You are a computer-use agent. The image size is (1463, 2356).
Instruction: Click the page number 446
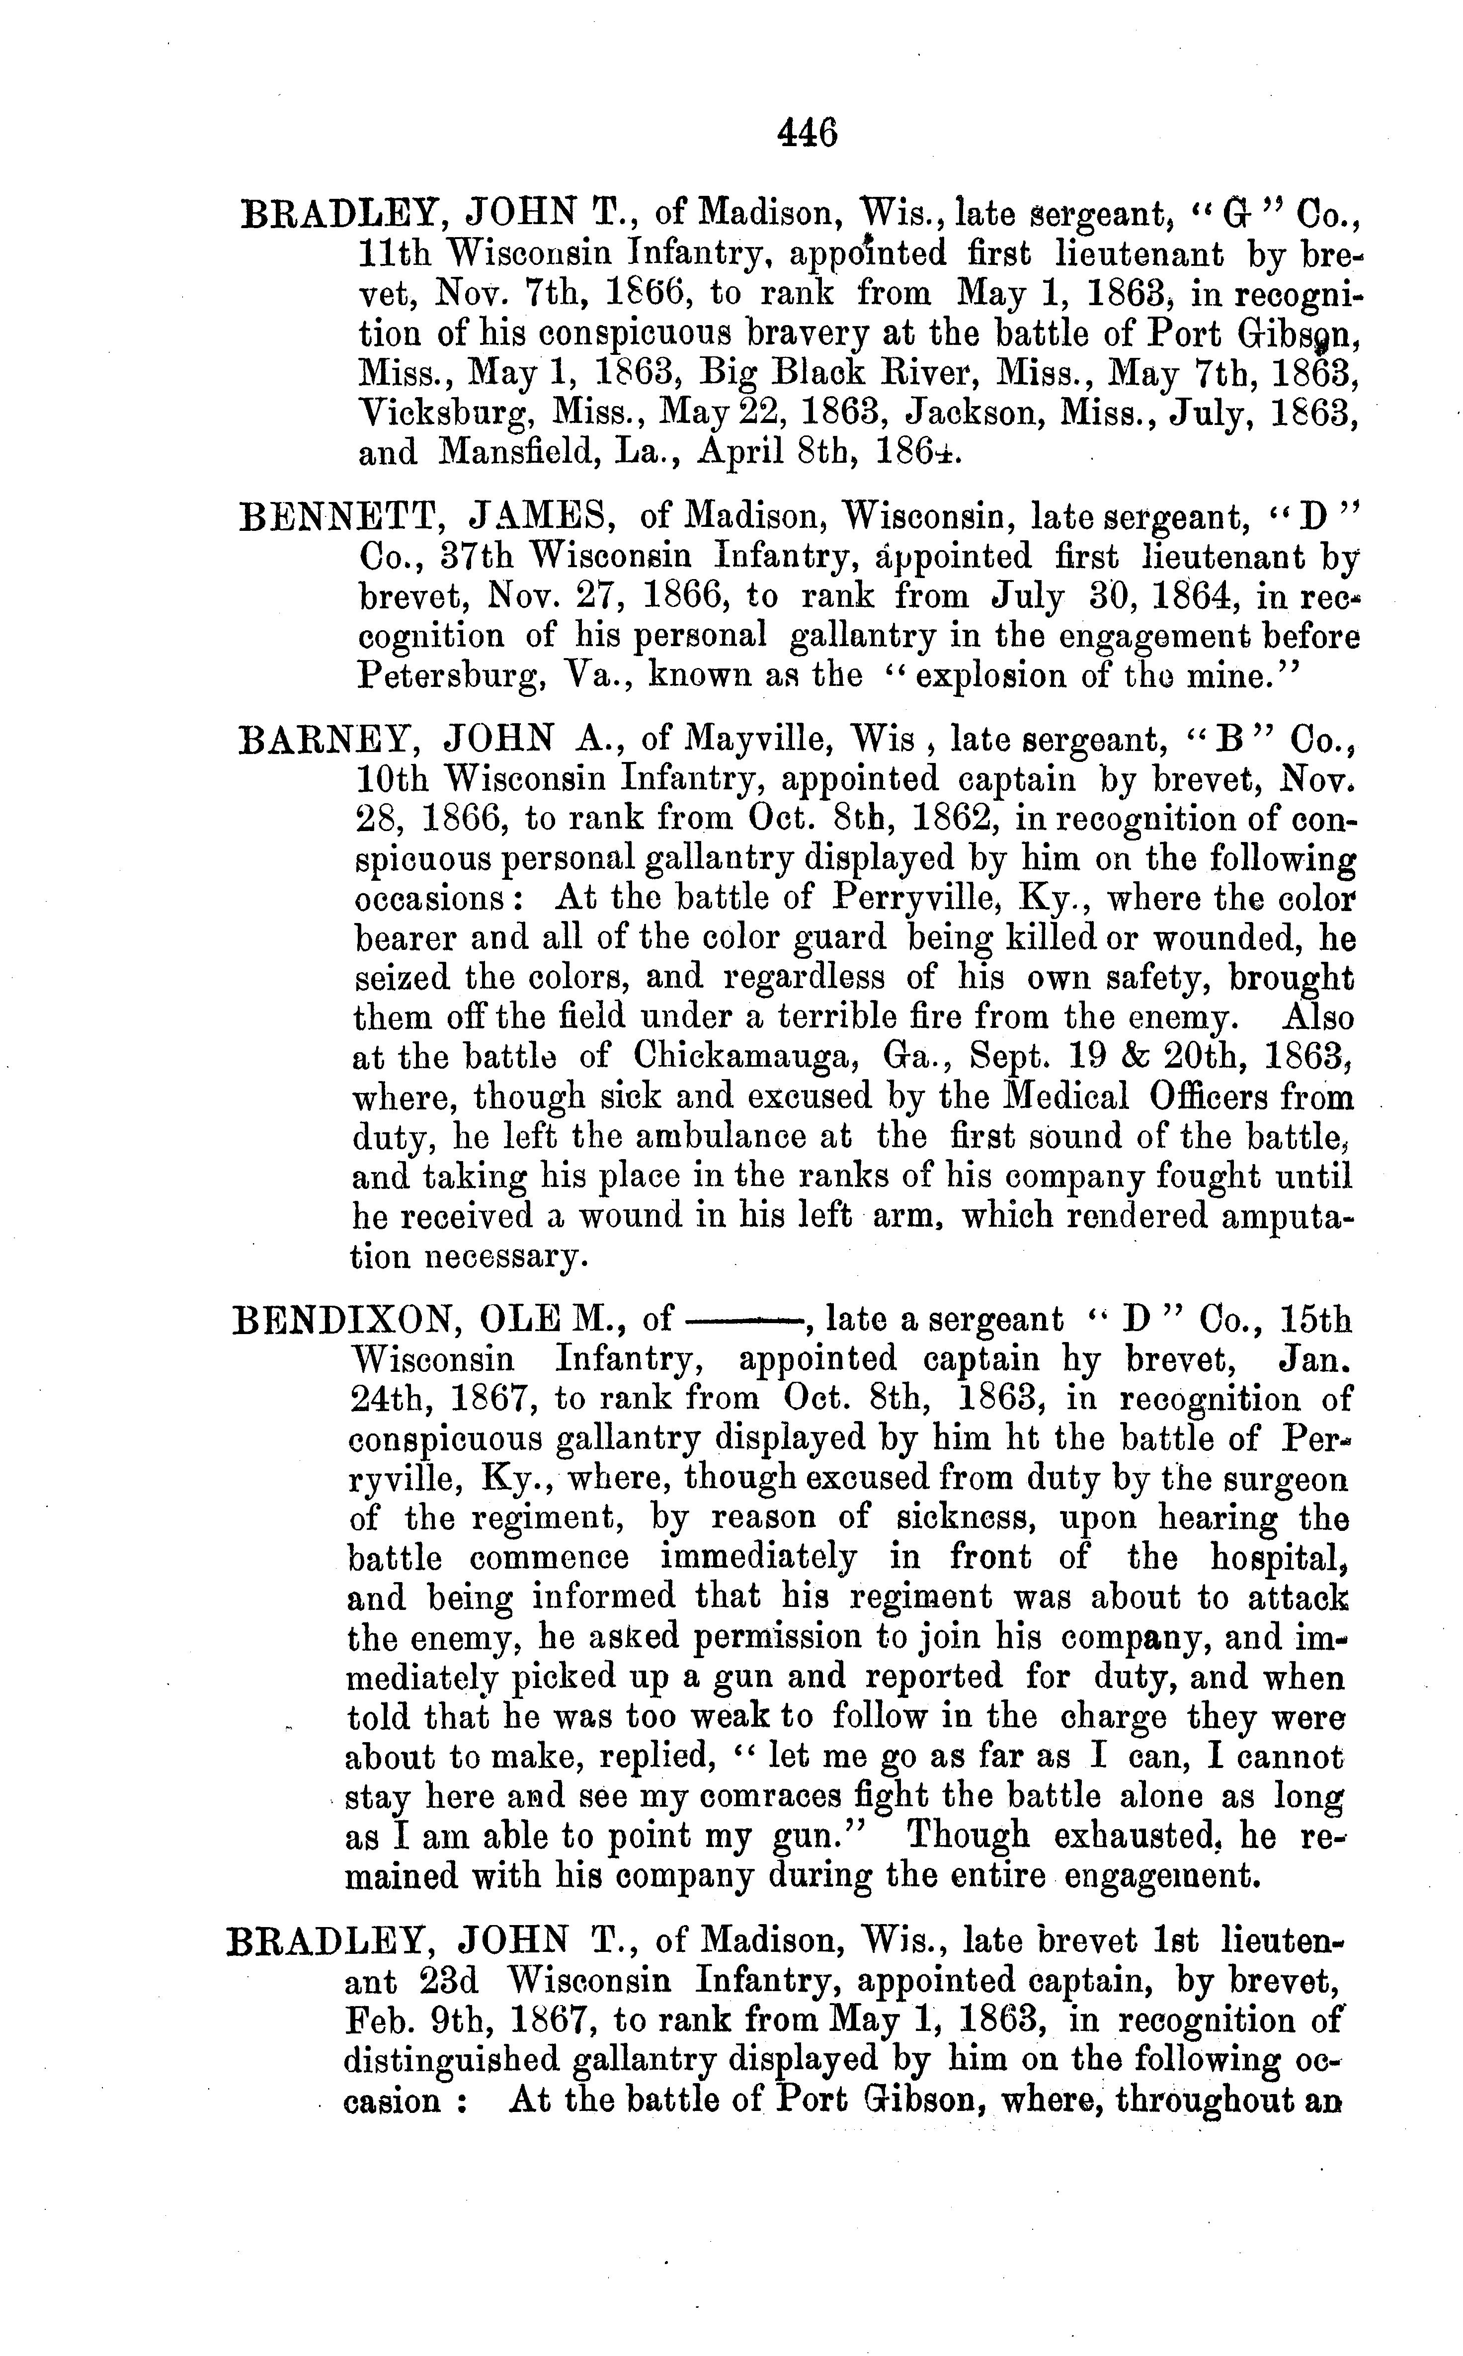807,132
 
